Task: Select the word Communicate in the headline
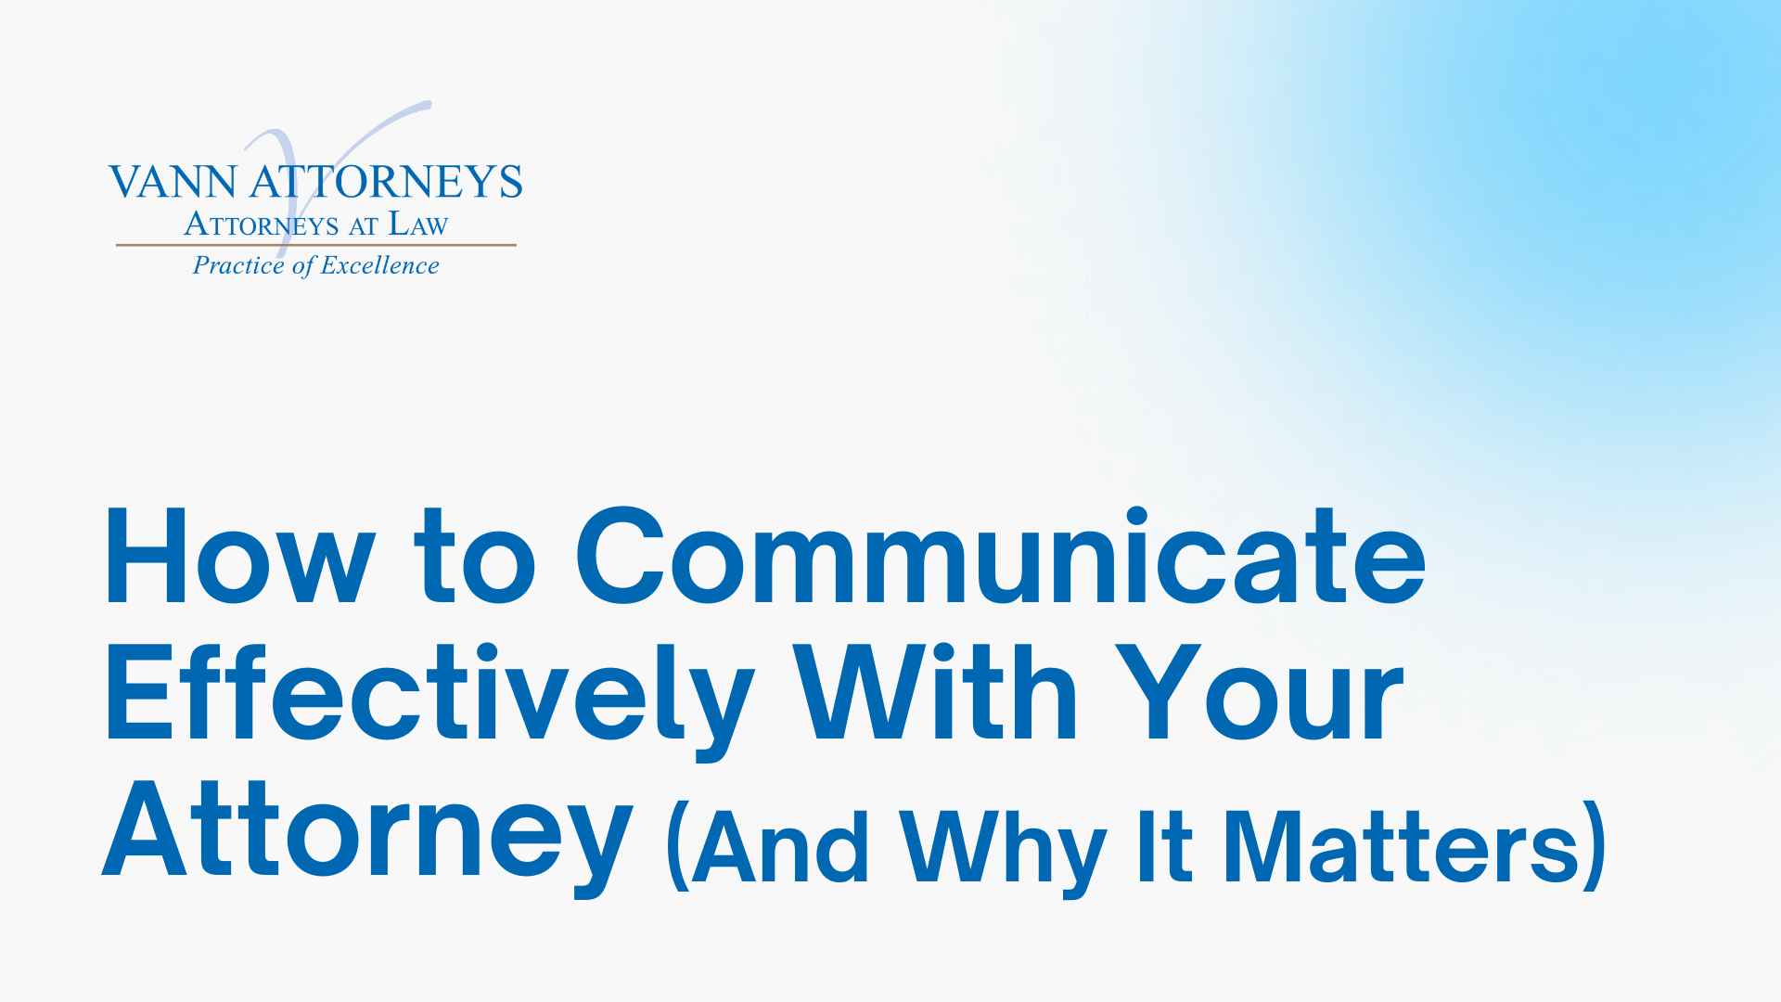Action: (1000, 557)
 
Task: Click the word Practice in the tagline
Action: (238, 266)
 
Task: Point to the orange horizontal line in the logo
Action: (315, 245)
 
